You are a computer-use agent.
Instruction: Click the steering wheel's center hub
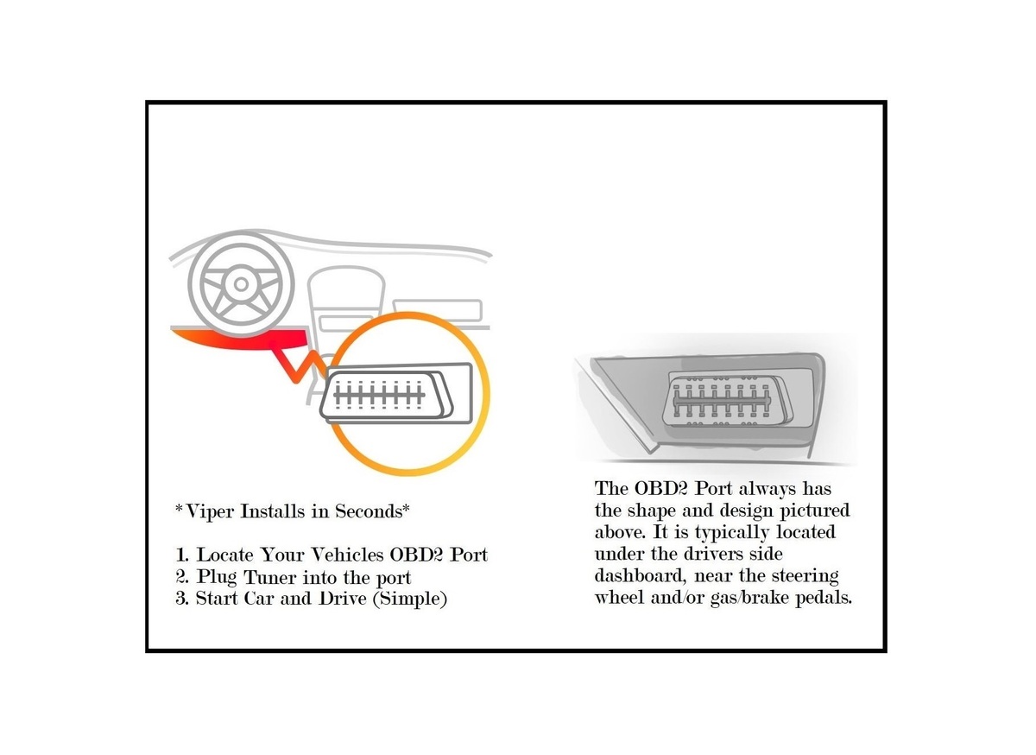[x=241, y=284]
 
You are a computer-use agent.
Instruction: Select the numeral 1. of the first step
[x=182, y=555]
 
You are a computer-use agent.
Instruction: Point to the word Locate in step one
[x=225, y=555]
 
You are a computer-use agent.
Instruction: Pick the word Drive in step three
[x=342, y=599]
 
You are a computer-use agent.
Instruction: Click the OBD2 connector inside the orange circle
[x=396, y=393]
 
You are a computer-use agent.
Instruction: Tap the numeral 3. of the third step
[x=182, y=599]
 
